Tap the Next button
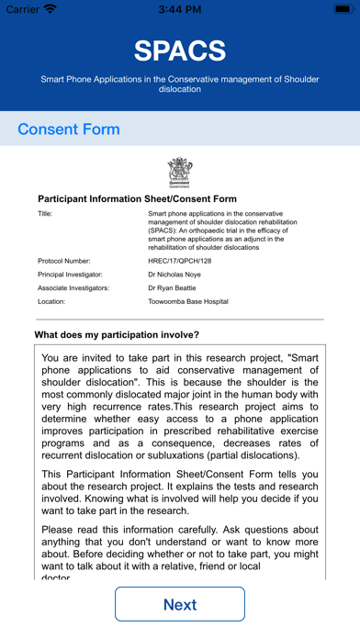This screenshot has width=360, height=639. (x=180, y=604)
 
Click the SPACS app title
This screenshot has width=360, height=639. (x=180, y=50)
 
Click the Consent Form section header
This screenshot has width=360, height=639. (x=69, y=129)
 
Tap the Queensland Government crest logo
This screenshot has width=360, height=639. (x=180, y=172)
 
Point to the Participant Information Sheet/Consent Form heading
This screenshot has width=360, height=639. (x=137, y=198)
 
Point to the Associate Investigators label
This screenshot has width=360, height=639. (x=73, y=287)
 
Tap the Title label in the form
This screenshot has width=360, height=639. (x=45, y=214)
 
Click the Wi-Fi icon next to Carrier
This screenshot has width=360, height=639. (x=50, y=9)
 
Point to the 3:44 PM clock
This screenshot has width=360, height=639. (x=179, y=9)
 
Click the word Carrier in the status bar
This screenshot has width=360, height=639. (x=22, y=9)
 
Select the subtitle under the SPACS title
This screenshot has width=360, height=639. (x=180, y=84)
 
